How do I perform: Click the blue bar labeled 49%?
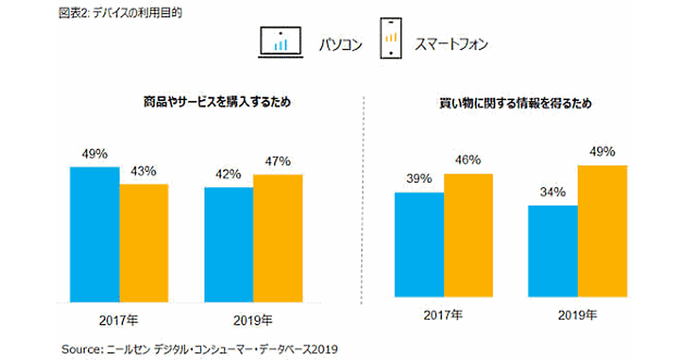tap(94, 234)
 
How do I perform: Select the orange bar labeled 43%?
tap(143, 243)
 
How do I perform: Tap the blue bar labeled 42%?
tap(229, 245)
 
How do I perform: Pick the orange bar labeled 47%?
tap(278, 238)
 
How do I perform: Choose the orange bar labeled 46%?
tap(468, 235)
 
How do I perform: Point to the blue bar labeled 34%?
tap(553, 251)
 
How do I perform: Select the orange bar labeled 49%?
tap(602, 231)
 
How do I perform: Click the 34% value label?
tap(553, 192)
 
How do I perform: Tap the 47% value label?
tap(278, 161)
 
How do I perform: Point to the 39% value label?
tap(419, 179)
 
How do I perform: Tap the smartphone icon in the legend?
tap(390, 38)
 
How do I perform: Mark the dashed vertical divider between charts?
tap(364, 200)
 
